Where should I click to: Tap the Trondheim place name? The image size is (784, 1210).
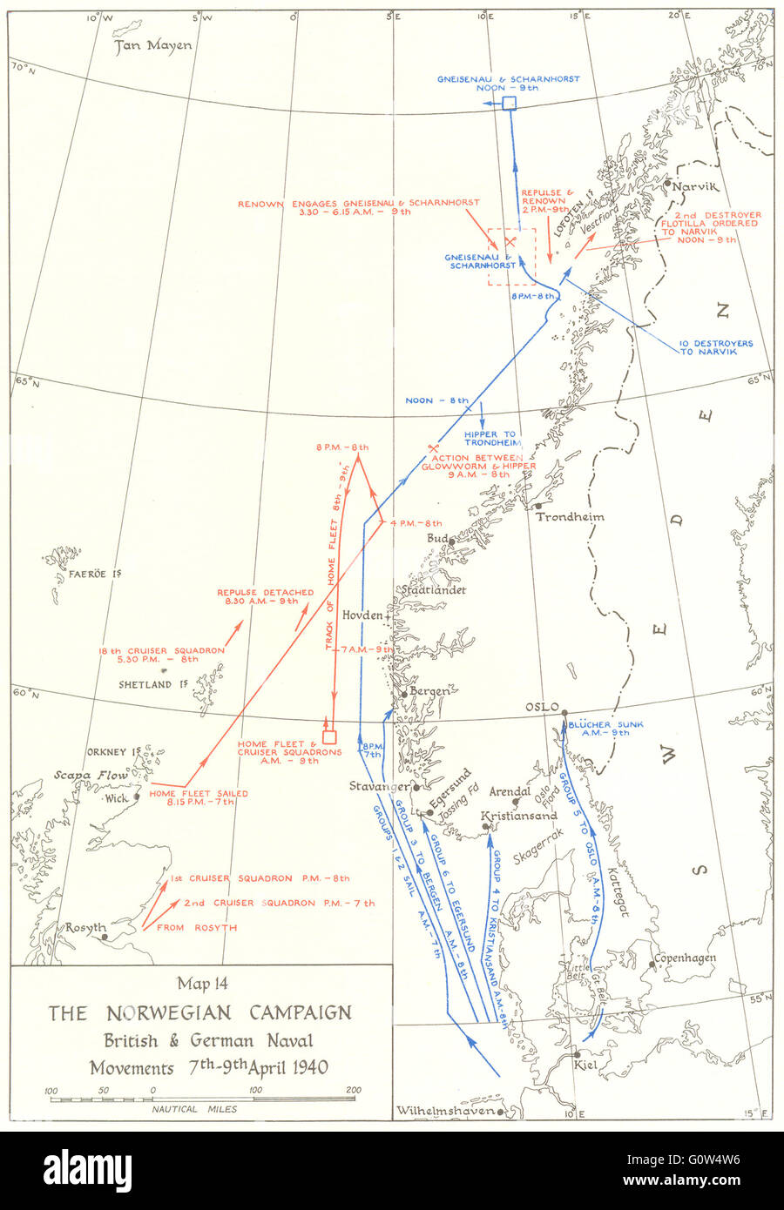point(570,516)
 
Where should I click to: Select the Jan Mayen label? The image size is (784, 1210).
point(153,46)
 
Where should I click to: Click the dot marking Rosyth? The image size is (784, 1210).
point(105,938)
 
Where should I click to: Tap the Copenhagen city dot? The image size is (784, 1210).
point(651,964)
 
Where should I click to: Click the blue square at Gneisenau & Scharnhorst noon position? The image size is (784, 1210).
point(510,104)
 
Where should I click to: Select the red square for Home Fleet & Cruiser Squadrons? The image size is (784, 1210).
point(329,736)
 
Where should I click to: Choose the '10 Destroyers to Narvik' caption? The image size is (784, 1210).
point(716,346)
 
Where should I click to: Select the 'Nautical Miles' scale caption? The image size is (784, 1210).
point(194,1109)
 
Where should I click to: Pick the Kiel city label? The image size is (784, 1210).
point(586,1064)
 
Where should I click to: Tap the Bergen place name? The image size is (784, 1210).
point(430,691)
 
